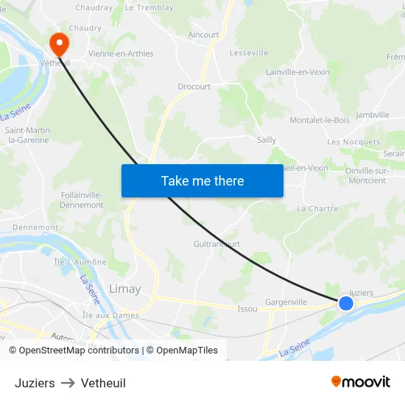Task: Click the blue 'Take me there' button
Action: (202, 180)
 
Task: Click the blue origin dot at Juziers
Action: (345, 303)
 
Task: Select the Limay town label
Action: (124, 289)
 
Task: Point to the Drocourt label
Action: (194, 86)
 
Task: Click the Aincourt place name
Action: (203, 35)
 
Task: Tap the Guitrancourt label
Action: (216, 244)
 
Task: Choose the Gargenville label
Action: (286, 302)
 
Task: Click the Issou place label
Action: (247, 309)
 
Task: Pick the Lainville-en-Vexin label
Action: (297, 72)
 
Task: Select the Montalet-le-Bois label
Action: (320, 120)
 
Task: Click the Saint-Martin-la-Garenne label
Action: (29, 135)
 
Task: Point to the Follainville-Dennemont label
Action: (82, 200)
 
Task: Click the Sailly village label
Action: (267, 140)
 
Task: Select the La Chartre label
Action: (317, 208)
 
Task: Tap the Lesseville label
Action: (249, 53)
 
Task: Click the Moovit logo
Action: (360, 382)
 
